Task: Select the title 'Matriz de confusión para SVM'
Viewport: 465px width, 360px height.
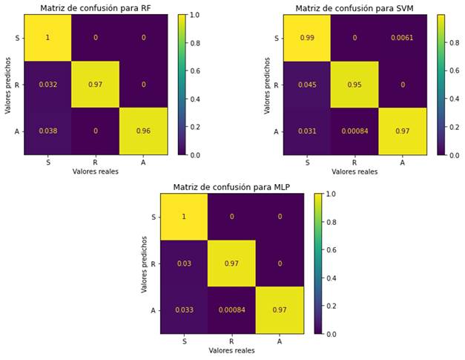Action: pos(354,8)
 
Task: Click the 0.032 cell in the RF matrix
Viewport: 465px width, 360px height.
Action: pos(47,85)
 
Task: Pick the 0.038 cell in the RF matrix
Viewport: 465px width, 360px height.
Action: pos(47,131)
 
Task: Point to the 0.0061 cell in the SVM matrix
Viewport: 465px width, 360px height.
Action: pos(403,38)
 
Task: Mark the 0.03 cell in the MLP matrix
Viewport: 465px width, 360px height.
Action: pos(185,264)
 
